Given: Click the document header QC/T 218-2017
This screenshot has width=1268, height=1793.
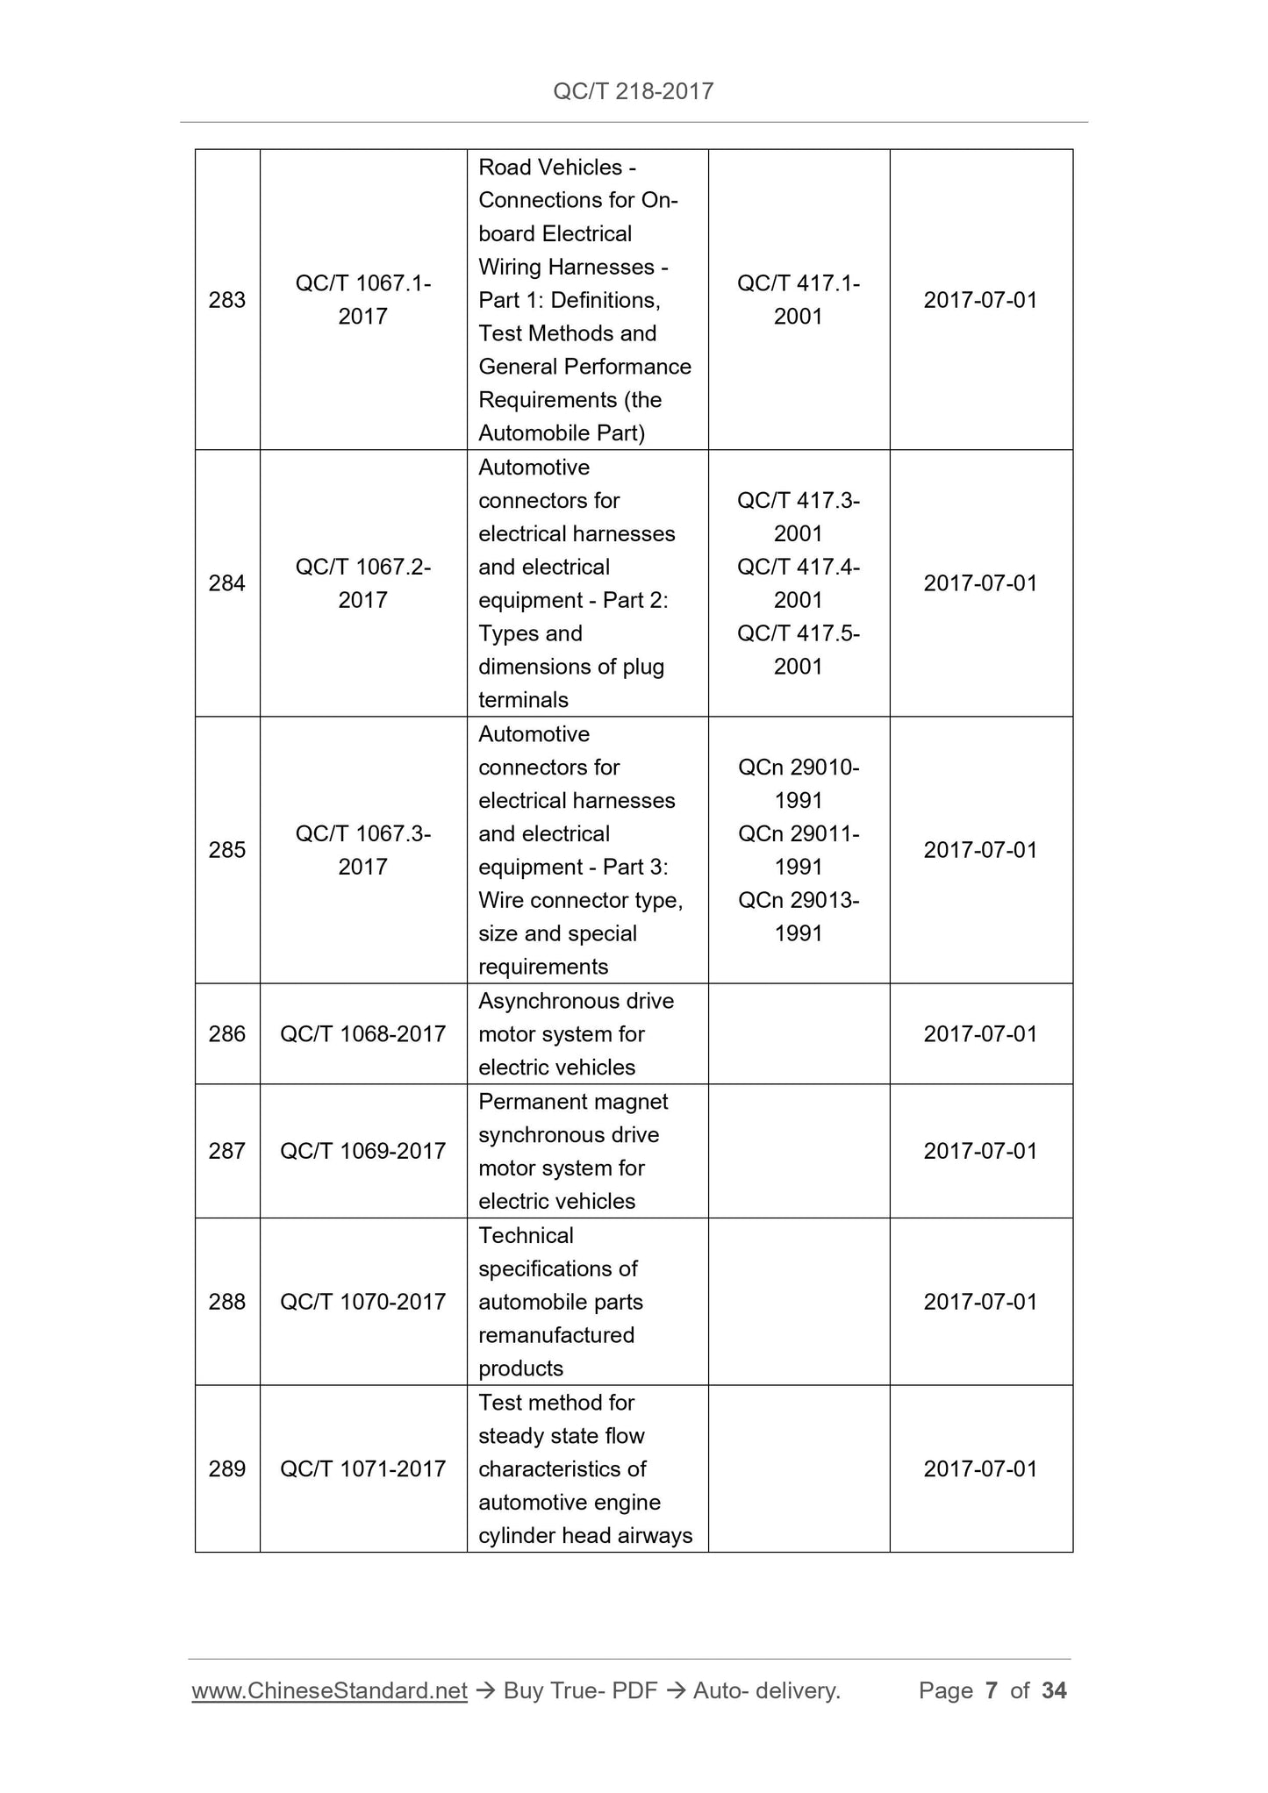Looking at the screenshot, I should click(x=633, y=91).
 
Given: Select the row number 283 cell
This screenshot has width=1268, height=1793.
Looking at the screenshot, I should click(x=226, y=300).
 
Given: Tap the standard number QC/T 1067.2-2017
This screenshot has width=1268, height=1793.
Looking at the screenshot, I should click(x=362, y=583).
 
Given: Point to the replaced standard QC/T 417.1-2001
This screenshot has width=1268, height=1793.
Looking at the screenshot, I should click(x=798, y=300).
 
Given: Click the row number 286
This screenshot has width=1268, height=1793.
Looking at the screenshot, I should click(x=226, y=1034).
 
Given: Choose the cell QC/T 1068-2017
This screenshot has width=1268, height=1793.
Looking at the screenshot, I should click(x=362, y=1034).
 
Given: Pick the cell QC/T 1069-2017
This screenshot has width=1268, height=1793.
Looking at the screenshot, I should click(x=362, y=1151).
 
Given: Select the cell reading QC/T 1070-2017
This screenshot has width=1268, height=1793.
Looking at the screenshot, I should click(x=362, y=1302).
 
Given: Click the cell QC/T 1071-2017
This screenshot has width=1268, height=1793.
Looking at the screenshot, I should click(x=362, y=1468).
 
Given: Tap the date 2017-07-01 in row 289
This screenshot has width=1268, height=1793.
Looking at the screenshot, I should click(x=980, y=1468).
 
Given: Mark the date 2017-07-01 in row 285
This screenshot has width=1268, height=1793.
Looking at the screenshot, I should click(x=980, y=850).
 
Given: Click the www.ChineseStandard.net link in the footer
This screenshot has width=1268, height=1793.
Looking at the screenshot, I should click(x=329, y=1690).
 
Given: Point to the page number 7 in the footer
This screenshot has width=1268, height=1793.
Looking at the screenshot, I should click(x=992, y=1690).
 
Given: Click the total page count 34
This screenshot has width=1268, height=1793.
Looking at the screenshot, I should click(x=1054, y=1690).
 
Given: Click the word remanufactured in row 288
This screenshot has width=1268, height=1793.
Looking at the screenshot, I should click(x=555, y=1335).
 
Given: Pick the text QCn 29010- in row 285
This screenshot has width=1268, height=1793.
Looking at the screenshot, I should click(x=798, y=768).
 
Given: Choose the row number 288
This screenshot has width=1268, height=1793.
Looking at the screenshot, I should click(x=226, y=1302).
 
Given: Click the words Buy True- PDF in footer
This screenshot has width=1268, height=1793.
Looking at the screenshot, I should click(x=580, y=1690).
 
